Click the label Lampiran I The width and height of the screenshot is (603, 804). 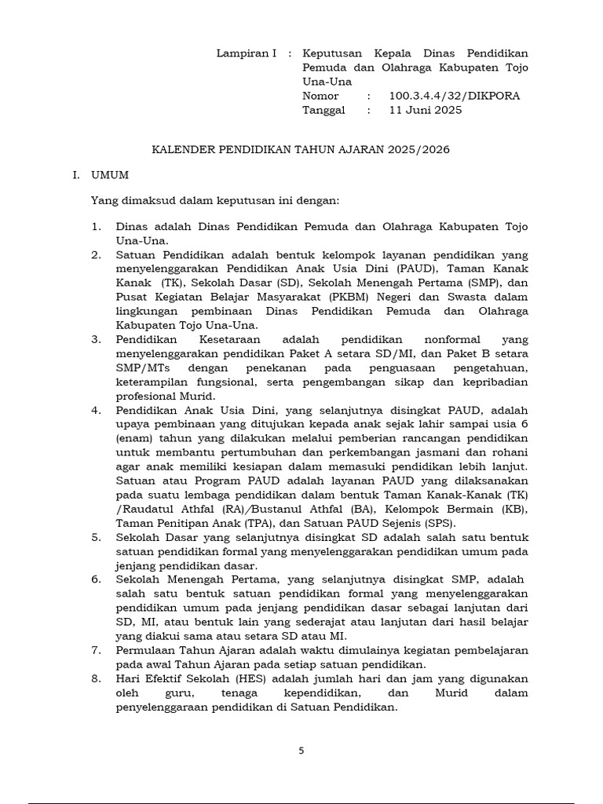[246, 53]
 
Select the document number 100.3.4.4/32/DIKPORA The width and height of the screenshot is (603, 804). [454, 96]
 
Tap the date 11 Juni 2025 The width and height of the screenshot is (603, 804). [426, 110]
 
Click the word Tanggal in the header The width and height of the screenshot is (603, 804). [323, 110]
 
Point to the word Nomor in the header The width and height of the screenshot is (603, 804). [321, 96]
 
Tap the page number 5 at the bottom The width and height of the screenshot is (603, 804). [301, 751]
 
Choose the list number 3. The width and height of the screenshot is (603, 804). [96, 340]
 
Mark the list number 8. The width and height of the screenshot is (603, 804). [96, 678]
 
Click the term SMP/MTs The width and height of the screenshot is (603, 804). [142, 368]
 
